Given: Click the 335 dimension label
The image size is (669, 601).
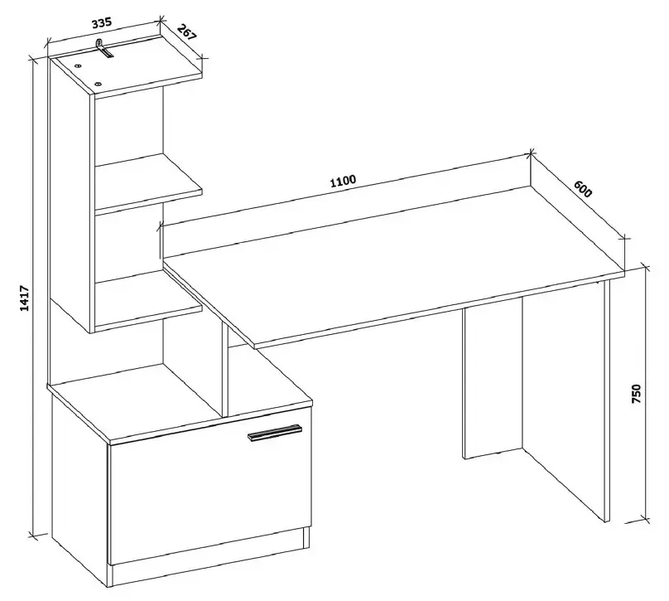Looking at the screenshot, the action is click(x=102, y=22).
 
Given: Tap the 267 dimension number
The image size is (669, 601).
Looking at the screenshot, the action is click(x=186, y=33).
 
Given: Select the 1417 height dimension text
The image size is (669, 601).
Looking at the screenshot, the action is click(x=25, y=298).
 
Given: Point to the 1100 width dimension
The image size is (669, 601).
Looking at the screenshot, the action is click(x=343, y=181).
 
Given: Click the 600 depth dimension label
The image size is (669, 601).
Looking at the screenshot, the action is click(x=583, y=189).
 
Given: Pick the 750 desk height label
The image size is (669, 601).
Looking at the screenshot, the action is click(x=636, y=394).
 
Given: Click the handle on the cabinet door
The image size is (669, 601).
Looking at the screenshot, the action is click(x=274, y=432).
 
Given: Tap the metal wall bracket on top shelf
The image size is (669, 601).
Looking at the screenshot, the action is click(x=103, y=48).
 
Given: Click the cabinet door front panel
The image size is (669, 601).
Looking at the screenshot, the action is click(x=209, y=485).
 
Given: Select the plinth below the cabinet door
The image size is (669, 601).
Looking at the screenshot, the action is click(x=209, y=556).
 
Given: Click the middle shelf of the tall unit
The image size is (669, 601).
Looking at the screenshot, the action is click(x=147, y=182).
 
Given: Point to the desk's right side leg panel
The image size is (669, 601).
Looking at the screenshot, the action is click(x=607, y=400).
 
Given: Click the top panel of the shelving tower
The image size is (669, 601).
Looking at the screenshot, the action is click(x=126, y=65).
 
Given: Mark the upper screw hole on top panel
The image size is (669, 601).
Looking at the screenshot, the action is click(x=78, y=66).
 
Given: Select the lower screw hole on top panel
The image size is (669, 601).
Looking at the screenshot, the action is click(x=98, y=84).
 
